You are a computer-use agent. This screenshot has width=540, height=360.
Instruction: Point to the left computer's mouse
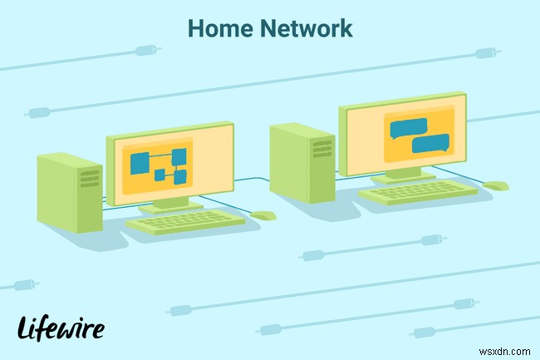(263, 215)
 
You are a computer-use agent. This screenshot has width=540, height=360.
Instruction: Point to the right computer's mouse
(496, 185)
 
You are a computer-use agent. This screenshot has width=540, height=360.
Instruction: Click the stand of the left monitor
(169, 203)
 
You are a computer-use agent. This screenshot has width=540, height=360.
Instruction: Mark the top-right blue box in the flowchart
(178, 155)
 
